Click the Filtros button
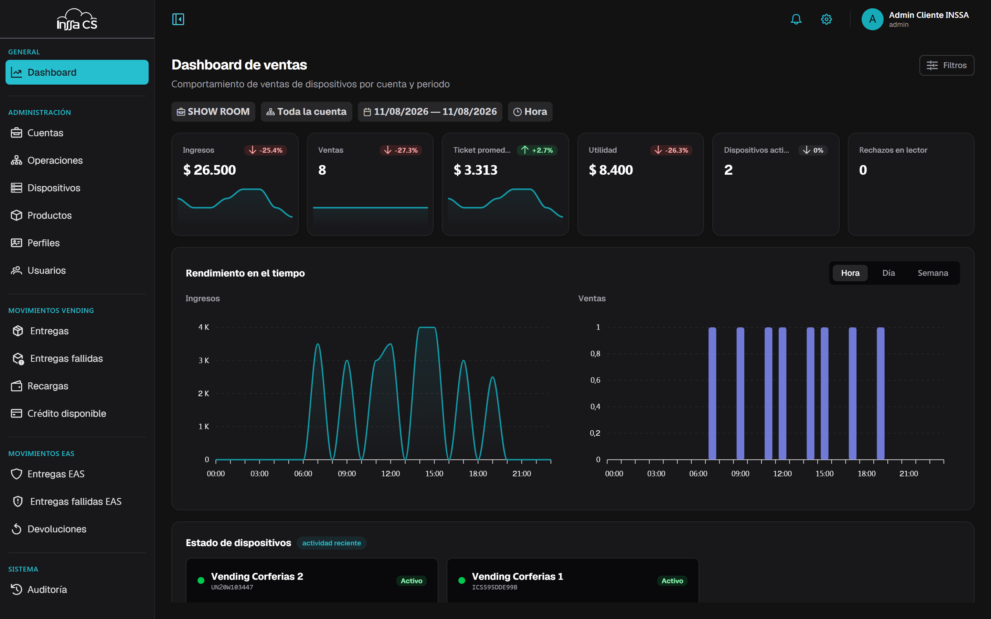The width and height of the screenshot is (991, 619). point(946,65)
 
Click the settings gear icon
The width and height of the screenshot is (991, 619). point(827,19)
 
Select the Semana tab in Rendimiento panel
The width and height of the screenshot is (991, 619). point(933,273)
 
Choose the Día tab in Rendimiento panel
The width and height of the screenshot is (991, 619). point(888,273)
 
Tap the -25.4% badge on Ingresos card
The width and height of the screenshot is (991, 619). point(265,150)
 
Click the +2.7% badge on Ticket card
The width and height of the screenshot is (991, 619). point(537,150)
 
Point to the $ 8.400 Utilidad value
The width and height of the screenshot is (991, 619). point(610,170)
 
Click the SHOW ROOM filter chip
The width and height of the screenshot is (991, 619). point(213,112)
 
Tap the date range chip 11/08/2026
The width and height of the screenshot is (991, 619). point(430,112)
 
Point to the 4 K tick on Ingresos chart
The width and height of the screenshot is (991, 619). point(203,327)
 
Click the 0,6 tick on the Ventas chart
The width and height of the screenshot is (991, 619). point(595,380)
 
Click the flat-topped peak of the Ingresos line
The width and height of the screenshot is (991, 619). point(427,327)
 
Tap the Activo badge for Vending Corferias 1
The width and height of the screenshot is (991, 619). point(672,581)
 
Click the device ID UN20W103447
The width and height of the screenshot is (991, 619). point(232,587)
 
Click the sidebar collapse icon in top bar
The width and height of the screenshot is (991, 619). point(178,19)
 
